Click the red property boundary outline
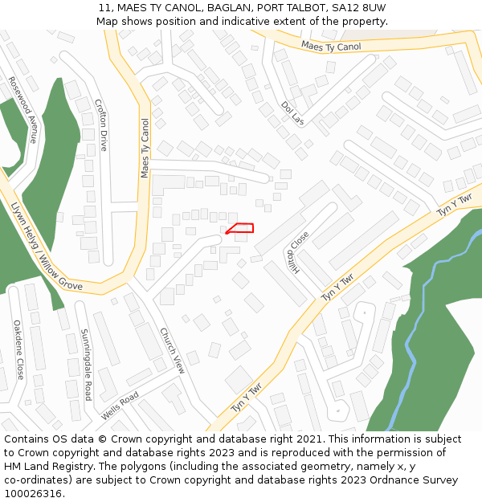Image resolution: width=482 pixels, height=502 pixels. pyautogui.click(x=241, y=228)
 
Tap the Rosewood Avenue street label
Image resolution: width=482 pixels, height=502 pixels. pyautogui.click(x=22, y=109)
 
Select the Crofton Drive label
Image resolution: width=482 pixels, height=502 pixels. pyautogui.click(x=101, y=125)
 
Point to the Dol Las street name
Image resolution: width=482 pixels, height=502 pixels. pyautogui.click(x=293, y=113)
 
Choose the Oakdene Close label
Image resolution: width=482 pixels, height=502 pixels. pyautogui.click(x=18, y=349)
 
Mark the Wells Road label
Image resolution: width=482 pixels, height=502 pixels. pyautogui.click(x=120, y=406)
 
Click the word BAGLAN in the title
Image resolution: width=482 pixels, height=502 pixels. pyautogui.click(x=216, y=7)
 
